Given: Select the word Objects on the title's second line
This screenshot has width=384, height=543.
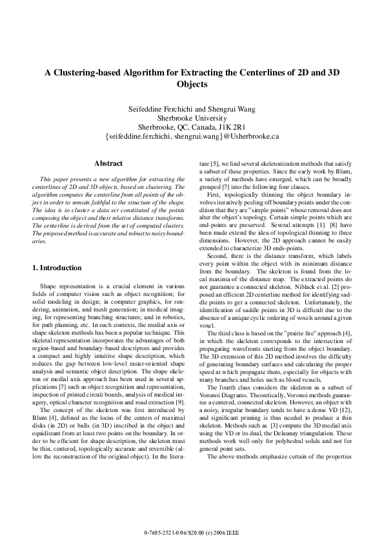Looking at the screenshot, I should coord(192,84).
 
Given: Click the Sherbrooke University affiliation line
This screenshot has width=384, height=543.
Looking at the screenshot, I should coord(192,118).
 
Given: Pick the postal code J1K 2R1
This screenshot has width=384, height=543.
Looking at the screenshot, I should coord(233,127).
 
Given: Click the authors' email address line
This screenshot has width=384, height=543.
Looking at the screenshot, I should coord(192,137).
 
